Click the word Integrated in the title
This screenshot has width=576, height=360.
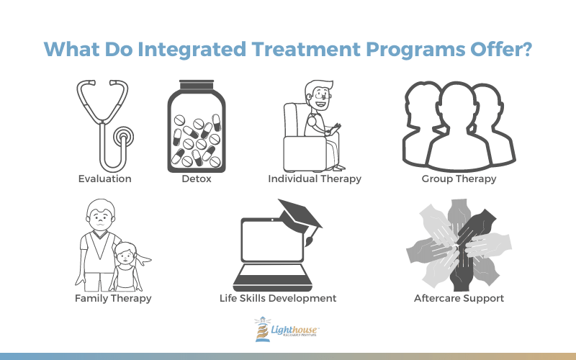pos(192,50)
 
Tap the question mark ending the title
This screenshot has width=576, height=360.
pos(526,48)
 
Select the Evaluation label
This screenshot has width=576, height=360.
pos(104,179)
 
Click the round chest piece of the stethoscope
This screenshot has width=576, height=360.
pos(123,138)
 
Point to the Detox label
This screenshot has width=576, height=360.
pos(197,179)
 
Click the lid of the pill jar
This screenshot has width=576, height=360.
pos(197,85)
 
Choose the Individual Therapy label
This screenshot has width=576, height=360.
pos(315,179)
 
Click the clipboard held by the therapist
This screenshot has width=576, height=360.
pos(334,129)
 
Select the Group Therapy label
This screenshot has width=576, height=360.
pos(459,179)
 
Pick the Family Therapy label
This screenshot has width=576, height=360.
pos(113,298)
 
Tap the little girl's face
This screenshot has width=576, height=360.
pos(125,255)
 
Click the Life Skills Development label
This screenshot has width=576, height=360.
pos(278,298)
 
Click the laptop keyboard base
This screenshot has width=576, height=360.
pos(273,278)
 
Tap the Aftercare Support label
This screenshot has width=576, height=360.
pos(459,298)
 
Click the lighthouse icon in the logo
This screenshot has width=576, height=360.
pos(262,329)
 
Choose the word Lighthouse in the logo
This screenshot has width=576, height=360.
pos(294,330)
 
